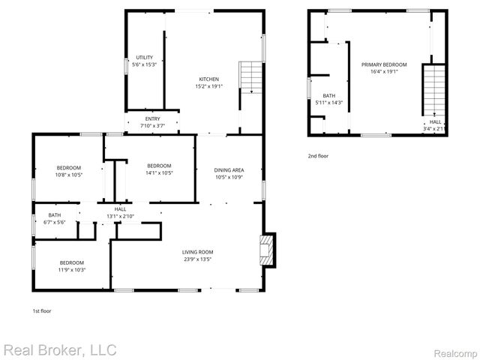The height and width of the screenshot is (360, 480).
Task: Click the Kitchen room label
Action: tap(209, 79)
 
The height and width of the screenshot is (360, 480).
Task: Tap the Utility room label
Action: tap(144, 58)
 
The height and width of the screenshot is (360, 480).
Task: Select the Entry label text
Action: tap(152, 118)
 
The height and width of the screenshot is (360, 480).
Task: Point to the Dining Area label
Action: tap(229, 170)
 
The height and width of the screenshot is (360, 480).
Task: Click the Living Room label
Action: tap(198, 252)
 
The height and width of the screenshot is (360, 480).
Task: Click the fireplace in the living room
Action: tap(267, 250)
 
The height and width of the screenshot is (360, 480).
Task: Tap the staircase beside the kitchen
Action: tap(249, 77)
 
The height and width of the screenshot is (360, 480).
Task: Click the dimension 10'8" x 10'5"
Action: tap(69, 175)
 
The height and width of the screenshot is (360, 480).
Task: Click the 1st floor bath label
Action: tap(55, 215)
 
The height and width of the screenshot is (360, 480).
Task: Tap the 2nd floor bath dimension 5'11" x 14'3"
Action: tap(329, 103)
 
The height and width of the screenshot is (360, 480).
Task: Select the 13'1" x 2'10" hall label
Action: tap(120, 216)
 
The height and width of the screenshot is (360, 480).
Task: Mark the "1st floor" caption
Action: tap(41, 310)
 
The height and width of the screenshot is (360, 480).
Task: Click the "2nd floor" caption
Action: tap(318, 155)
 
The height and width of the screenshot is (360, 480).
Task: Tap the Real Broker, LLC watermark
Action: tap(59, 350)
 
